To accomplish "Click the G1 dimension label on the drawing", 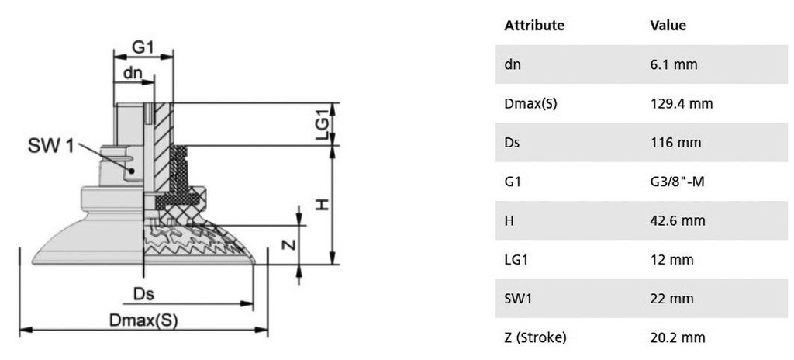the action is point(143,47).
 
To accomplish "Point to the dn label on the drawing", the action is point(133,73).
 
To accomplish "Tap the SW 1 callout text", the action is point(50,147).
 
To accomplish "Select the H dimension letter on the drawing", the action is point(323,204).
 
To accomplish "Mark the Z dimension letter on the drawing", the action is point(288,244).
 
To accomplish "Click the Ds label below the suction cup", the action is point(143,294).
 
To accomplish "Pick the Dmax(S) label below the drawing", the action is point(143,320).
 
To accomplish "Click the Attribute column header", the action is point(533,26).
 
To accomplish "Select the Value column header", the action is point(668,26).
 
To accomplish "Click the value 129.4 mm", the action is point(681,103).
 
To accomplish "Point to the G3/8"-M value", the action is point(677,181).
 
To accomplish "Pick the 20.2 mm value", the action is point(678,337).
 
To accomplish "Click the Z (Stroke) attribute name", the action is point(535,337).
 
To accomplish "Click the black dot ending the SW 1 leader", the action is point(132,171).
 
